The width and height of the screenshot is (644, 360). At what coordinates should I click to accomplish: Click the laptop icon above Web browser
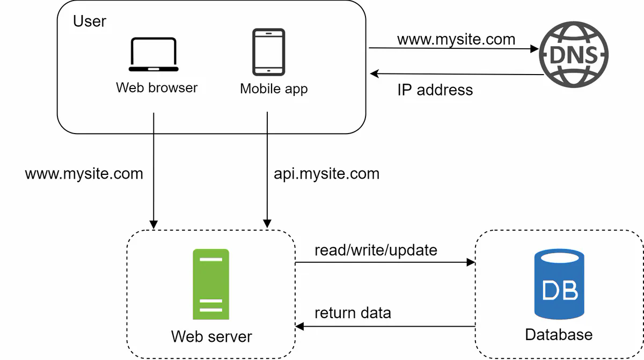[x=153, y=55]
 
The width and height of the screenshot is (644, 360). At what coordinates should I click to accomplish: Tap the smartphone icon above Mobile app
[x=269, y=52]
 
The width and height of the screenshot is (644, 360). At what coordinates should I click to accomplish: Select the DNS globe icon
[x=574, y=55]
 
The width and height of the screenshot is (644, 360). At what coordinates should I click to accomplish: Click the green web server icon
[x=211, y=284]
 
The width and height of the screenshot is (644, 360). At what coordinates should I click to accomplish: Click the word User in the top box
[x=90, y=21]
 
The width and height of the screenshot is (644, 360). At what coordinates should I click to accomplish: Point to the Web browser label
[x=157, y=87]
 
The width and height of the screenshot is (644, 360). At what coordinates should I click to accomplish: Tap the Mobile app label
[x=274, y=89]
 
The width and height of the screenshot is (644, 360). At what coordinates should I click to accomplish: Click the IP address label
[x=435, y=90]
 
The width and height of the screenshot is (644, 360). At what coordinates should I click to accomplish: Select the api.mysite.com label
[x=326, y=174]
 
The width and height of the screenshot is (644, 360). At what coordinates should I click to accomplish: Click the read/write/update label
[x=376, y=250]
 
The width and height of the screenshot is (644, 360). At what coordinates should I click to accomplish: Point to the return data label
[x=353, y=313]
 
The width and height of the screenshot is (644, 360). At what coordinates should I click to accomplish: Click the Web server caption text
[x=211, y=336]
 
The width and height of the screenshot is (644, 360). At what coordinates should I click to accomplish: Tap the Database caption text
[x=559, y=335]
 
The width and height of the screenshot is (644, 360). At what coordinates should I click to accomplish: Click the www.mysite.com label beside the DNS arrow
[x=456, y=39]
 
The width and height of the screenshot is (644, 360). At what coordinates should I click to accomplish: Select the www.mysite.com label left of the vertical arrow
[x=84, y=174]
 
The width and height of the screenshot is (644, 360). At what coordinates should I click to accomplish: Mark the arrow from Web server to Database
[x=385, y=262]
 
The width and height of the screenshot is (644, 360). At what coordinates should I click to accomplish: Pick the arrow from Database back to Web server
[x=385, y=326]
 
